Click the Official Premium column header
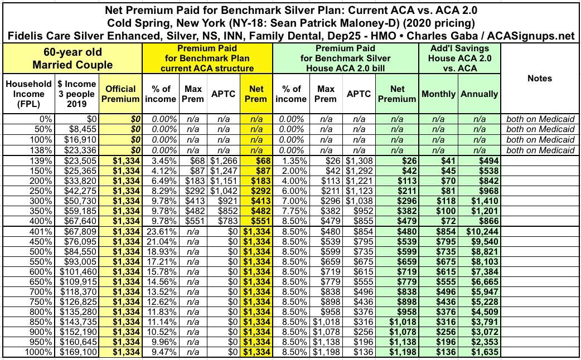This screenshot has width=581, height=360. point(120,94)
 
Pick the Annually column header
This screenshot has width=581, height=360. point(480,94)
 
